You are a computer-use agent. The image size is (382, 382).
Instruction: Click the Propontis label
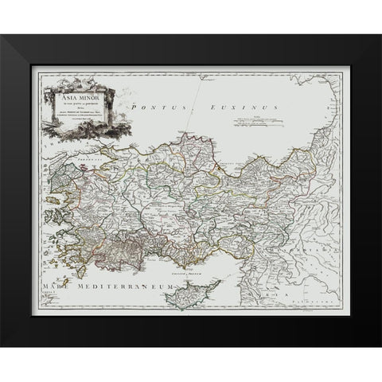point(88,157)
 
